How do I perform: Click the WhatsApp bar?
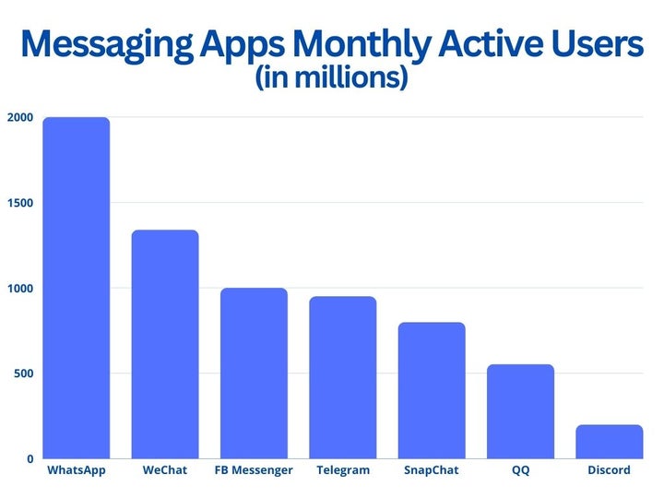pyautogui.click(x=77, y=288)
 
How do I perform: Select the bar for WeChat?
pyautogui.click(x=165, y=344)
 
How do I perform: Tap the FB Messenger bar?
pyautogui.click(x=254, y=373)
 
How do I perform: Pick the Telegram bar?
pyautogui.click(x=343, y=377)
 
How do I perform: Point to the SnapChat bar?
pyautogui.click(x=432, y=390)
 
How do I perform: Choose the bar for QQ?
pyautogui.click(x=520, y=411)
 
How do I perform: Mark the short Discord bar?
pyautogui.click(x=609, y=442)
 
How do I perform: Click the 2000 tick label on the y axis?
pyautogui.click(x=20, y=118)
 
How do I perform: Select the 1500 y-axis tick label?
pyautogui.click(x=20, y=203)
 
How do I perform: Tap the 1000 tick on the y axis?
pyautogui.click(x=20, y=289)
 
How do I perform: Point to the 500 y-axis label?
pyautogui.click(x=24, y=373)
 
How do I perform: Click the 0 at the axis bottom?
pyautogui.click(x=30, y=458)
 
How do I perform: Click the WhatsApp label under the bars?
pyautogui.click(x=77, y=470)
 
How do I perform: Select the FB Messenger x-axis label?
pyautogui.click(x=254, y=470)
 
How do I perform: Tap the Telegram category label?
pyautogui.click(x=343, y=470)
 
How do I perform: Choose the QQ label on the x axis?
pyautogui.click(x=520, y=470)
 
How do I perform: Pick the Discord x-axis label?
pyautogui.click(x=609, y=470)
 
